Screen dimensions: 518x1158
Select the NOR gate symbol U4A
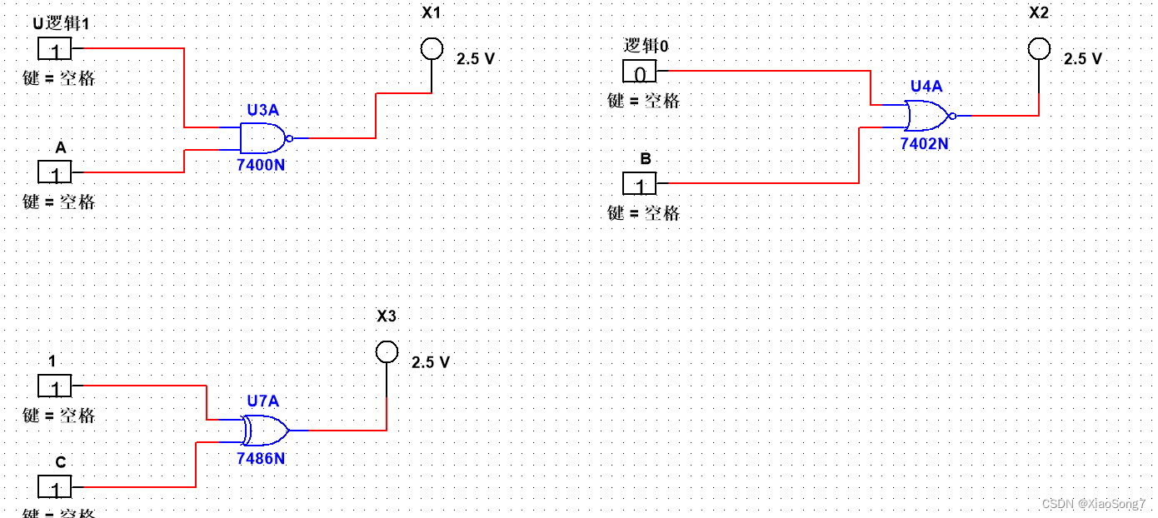pos(927,116)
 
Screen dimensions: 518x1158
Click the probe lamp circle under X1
pos(431,49)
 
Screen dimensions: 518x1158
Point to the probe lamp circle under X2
pos(1039,49)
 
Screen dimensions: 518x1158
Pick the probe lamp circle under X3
pos(387,352)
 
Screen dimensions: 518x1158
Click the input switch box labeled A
pos(56,172)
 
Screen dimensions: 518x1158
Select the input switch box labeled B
pos(640,183)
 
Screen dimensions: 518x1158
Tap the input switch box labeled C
pos(56,486)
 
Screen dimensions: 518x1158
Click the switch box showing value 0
pos(640,72)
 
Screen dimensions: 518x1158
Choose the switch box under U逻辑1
pos(56,49)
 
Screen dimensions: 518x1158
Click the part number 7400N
pos(261,165)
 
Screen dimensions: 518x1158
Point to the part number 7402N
pos(924,143)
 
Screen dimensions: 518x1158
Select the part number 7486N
pos(261,458)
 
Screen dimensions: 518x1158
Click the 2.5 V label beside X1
pos(476,59)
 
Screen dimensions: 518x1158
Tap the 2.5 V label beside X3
pos(431,362)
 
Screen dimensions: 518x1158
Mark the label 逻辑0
pos(646,47)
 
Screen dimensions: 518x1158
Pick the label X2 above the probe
pos(1039,13)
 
